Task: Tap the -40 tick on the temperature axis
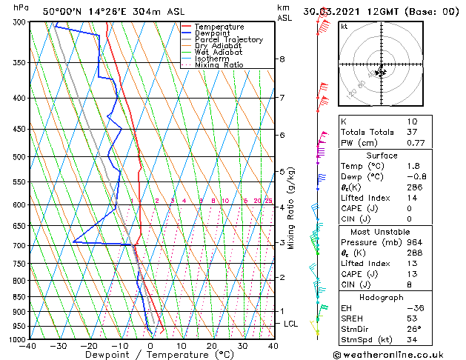(29, 345)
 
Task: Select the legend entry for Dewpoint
(213, 33)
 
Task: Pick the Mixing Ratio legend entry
(219, 65)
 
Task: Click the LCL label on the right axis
(291, 324)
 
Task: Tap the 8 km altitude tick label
(282, 59)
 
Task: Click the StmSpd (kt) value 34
(412, 340)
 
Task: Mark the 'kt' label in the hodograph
(344, 26)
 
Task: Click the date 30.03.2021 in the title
(336, 11)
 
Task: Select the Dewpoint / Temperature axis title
(151, 355)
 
